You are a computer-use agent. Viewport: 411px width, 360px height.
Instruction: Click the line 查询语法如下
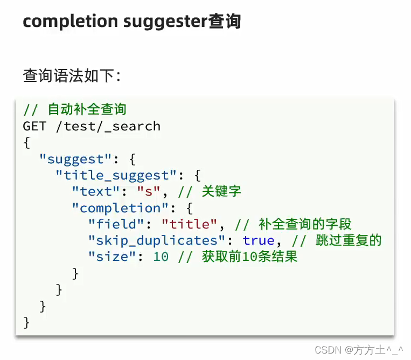tap(72, 75)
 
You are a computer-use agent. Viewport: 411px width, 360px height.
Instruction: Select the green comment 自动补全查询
tap(87, 109)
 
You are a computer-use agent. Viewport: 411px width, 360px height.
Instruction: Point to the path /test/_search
tap(108, 126)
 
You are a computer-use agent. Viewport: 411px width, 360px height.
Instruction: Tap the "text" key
tap(96, 191)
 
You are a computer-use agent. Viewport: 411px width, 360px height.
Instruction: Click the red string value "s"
tap(145, 191)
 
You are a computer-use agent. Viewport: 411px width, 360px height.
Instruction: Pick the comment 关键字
tap(221, 191)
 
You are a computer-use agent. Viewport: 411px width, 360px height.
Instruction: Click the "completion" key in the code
tap(120, 207)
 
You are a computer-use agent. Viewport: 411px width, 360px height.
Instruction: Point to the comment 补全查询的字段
tap(305, 224)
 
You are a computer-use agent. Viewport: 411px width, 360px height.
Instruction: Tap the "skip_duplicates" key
tap(157, 240)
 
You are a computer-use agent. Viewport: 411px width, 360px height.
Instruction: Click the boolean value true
tap(259, 240)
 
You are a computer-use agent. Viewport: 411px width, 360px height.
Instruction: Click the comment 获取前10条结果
tap(250, 257)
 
